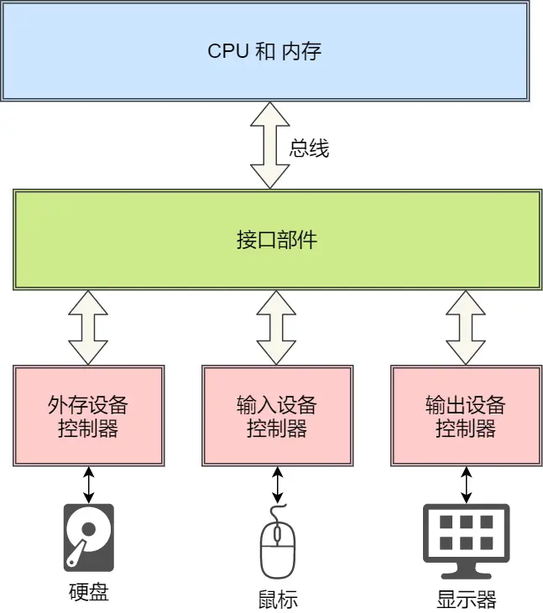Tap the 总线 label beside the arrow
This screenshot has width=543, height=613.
point(309,149)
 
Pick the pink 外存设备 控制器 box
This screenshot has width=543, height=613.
point(88,416)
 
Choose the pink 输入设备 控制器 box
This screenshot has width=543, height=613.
point(277,416)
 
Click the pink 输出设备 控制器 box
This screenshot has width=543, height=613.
point(466,416)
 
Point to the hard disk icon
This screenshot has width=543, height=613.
point(88,537)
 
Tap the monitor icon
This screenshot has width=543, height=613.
point(466,540)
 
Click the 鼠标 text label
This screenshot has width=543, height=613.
point(278,600)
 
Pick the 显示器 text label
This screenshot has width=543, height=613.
point(466,600)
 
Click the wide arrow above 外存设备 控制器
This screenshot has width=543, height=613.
point(88,327)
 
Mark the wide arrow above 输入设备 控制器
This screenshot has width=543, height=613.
point(277,327)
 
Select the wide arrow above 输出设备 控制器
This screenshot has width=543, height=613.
point(466,327)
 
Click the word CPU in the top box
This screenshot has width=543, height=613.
point(228,50)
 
